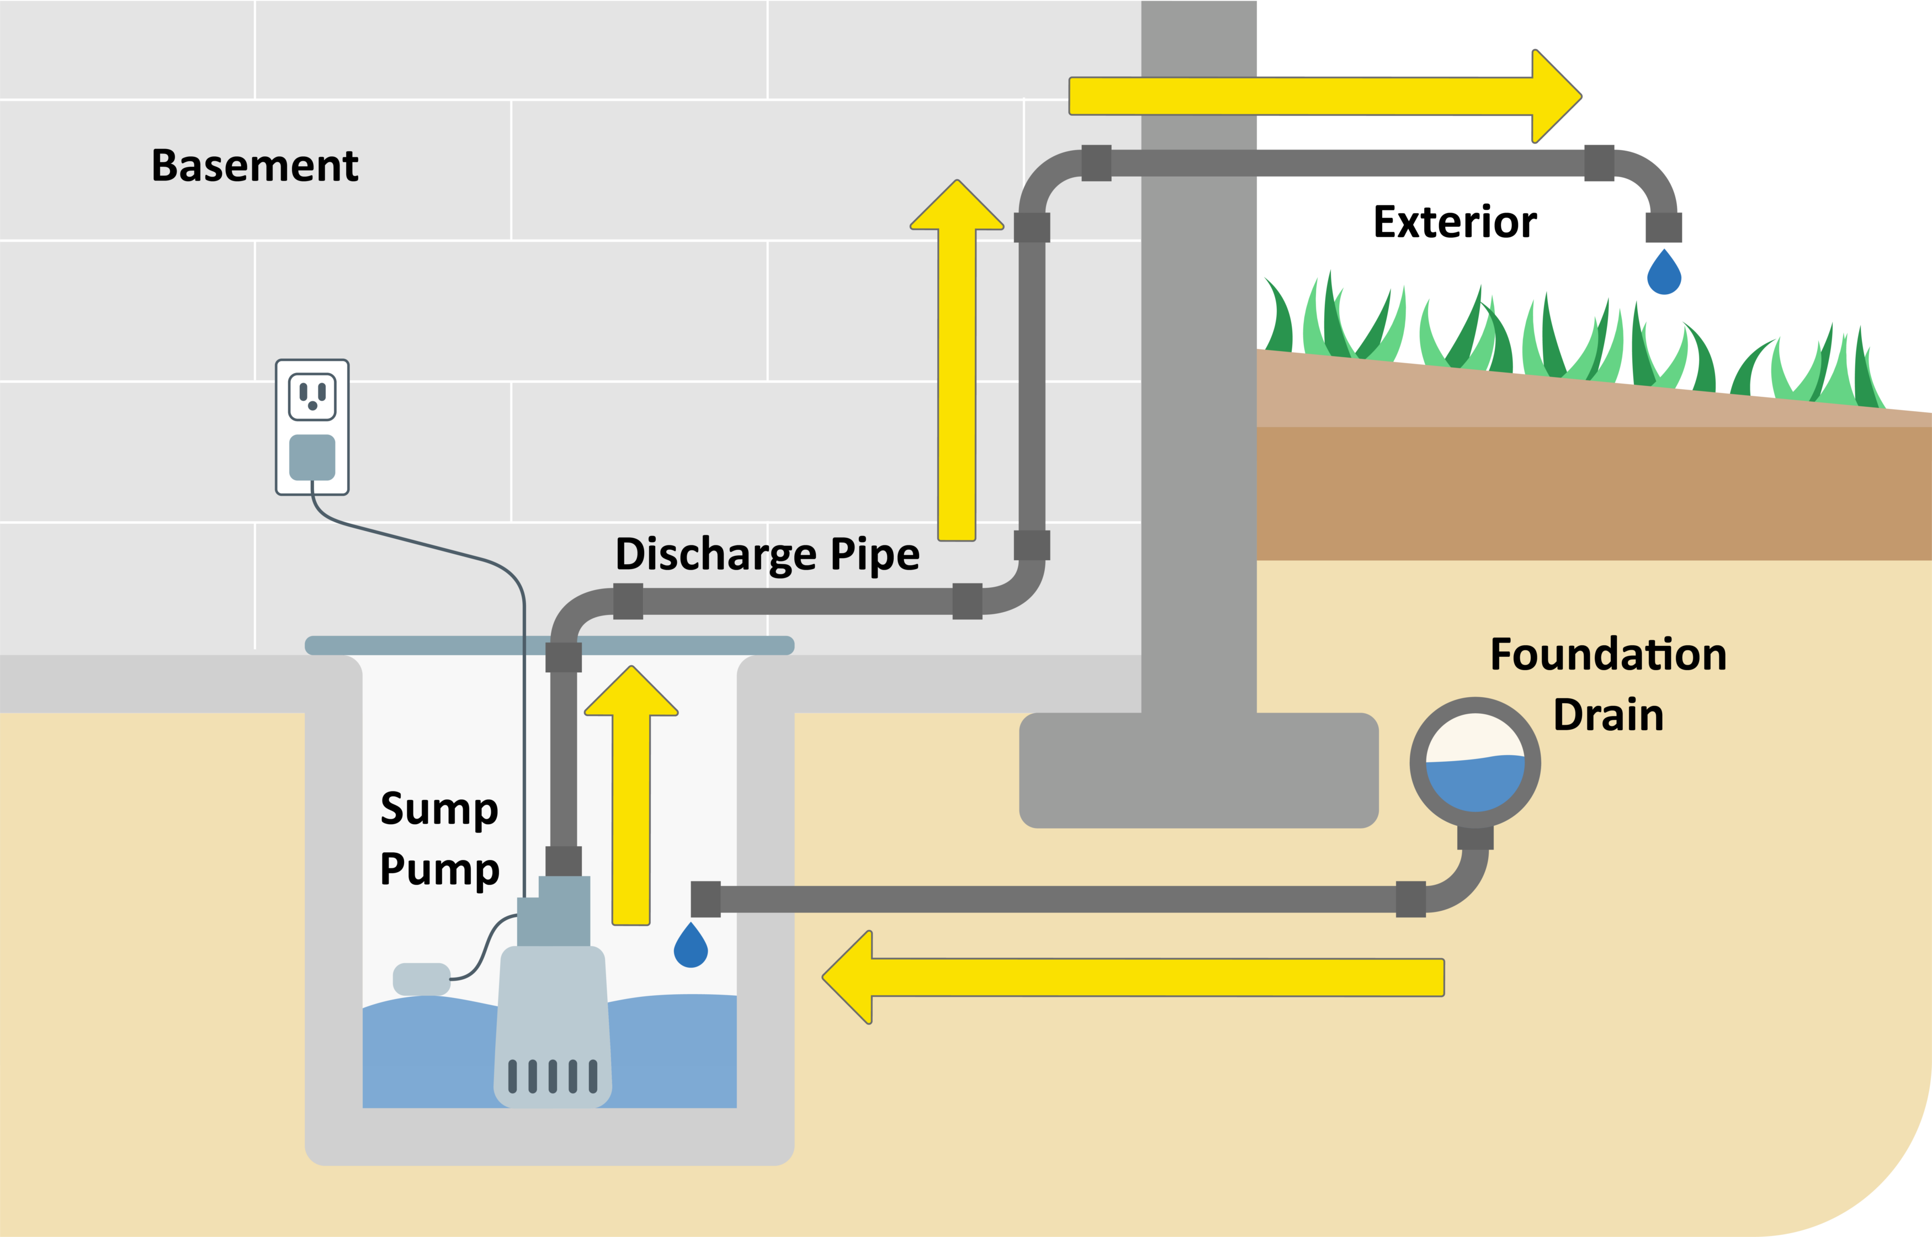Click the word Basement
coord(254,166)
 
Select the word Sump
coord(439,808)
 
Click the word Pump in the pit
coord(439,869)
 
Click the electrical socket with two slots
coord(312,396)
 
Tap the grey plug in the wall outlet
coord(312,456)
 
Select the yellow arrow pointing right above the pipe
coord(1325,97)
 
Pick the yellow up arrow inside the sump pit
coord(631,795)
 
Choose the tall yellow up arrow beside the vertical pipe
coord(957,362)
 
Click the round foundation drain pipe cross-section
coord(1475,763)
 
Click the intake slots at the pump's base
coord(553,1076)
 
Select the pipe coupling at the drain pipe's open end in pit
coord(705,899)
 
